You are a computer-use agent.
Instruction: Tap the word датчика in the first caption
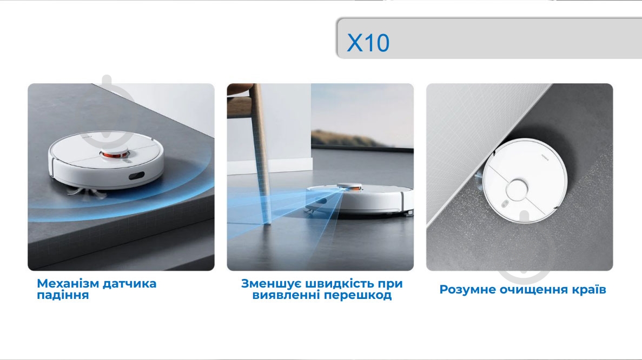131,283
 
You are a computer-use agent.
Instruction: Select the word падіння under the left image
63,296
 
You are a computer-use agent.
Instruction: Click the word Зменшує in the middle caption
271,283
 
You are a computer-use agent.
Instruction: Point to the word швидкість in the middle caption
339,283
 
